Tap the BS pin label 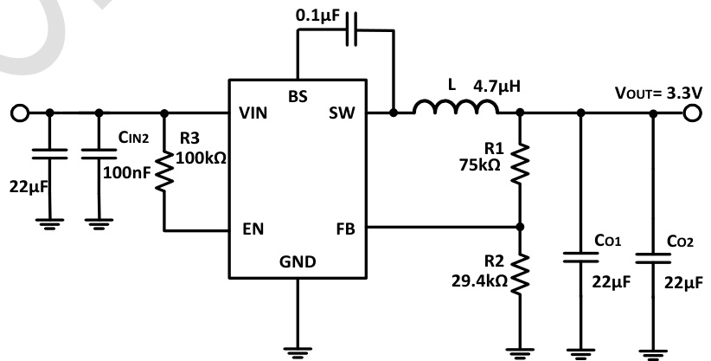coord(298,94)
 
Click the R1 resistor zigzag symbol coord(520,163)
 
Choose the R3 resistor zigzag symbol coord(164,170)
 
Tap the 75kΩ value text coord(480,165)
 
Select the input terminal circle coord(16,113)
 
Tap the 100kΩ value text coord(200,158)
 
